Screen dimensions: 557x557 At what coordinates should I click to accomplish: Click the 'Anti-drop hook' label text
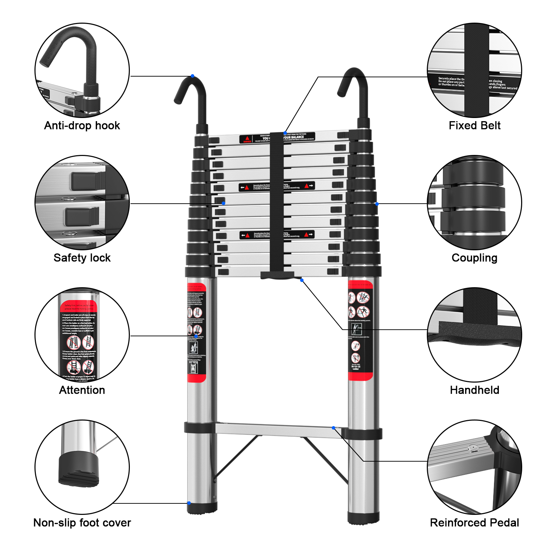[82, 125]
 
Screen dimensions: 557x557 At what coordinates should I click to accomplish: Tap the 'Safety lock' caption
[82, 258]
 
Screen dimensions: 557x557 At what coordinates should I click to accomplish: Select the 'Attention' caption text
[82, 390]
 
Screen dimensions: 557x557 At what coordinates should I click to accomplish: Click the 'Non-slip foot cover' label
[82, 523]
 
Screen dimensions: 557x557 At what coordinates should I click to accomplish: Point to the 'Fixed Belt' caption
[474, 125]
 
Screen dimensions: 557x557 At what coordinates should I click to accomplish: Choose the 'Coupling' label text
[474, 258]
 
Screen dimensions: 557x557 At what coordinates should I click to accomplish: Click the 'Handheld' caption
[474, 390]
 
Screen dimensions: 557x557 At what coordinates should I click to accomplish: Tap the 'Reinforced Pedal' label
[474, 523]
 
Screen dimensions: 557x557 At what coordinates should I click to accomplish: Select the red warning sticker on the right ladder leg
[360, 331]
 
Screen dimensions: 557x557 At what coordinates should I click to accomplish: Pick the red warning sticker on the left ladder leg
[197, 332]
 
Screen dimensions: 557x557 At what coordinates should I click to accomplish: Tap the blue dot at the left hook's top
[193, 76]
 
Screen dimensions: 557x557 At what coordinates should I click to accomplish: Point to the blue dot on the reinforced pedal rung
[334, 428]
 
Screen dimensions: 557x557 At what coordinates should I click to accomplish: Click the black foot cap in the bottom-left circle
[79, 468]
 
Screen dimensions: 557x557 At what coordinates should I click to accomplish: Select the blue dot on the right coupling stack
[377, 204]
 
